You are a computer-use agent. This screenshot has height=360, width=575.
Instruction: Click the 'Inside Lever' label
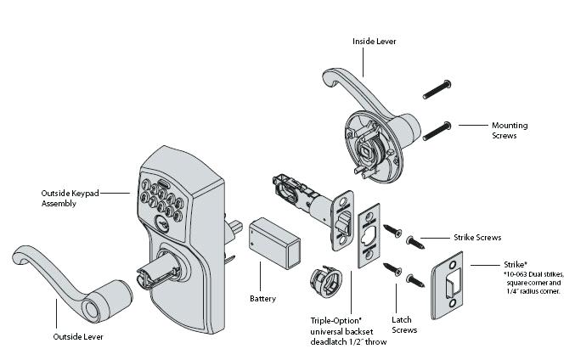click(374, 41)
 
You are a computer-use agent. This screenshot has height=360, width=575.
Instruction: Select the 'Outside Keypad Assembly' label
click(70, 198)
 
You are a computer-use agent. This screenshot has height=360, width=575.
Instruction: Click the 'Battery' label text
click(262, 299)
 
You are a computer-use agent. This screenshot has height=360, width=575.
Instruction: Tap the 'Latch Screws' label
click(404, 324)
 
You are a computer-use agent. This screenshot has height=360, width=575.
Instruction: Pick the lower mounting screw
click(435, 130)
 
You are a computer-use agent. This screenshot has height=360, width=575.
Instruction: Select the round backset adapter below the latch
click(324, 278)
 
